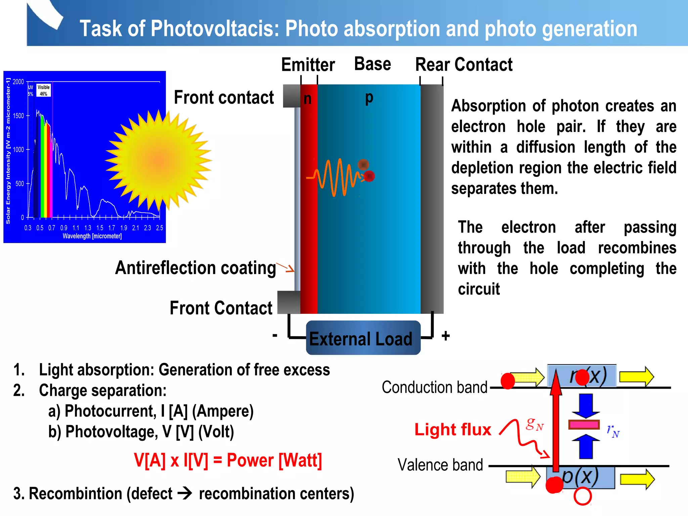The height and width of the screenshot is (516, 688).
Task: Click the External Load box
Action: [363, 338]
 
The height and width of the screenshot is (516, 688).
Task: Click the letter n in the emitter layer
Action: [307, 99]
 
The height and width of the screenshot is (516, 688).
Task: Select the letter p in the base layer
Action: [369, 98]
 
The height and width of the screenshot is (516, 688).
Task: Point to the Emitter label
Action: [308, 64]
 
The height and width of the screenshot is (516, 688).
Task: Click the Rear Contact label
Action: [464, 64]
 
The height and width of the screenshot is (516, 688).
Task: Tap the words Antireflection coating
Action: [196, 268]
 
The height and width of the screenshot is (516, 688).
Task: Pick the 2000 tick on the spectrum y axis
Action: [18, 82]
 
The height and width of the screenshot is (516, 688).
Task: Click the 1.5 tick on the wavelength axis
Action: [100, 228]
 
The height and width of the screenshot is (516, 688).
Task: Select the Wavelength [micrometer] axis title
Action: [92, 236]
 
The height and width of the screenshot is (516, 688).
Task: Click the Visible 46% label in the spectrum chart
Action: [44, 90]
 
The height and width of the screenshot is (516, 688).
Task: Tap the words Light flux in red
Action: [453, 429]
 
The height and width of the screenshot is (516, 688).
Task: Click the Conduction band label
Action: [434, 387]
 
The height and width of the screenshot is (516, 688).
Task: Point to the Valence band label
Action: [440, 465]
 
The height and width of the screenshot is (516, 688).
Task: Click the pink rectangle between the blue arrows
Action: [584, 425]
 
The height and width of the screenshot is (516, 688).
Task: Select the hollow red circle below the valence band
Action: [583, 496]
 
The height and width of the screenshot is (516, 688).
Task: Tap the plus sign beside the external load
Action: [445, 336]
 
